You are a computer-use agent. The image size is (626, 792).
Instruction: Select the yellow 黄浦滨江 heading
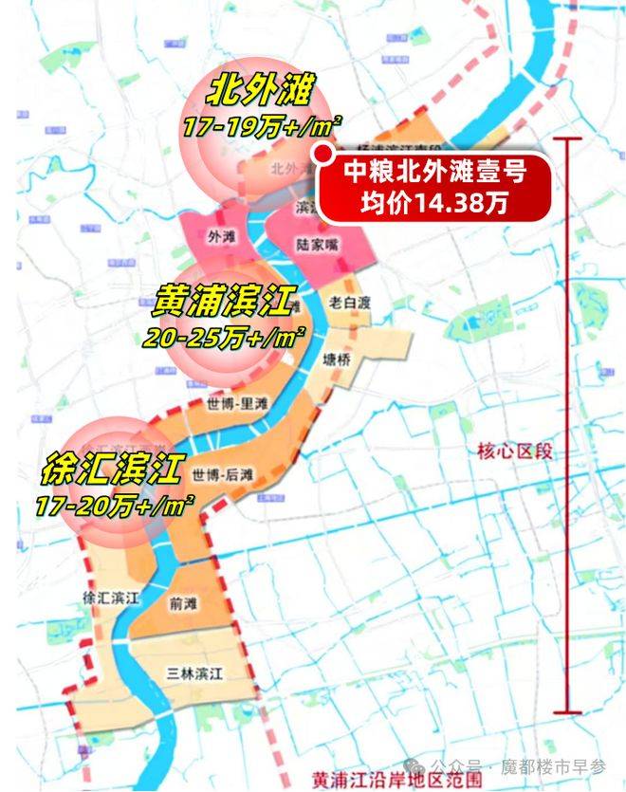point(225,301)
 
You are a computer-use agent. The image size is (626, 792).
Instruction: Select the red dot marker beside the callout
point(323,154)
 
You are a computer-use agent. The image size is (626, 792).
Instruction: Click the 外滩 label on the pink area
point(218,234)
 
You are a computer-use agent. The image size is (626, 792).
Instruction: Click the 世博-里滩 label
point(236,403)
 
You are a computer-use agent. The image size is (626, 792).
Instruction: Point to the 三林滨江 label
point(193,674)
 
